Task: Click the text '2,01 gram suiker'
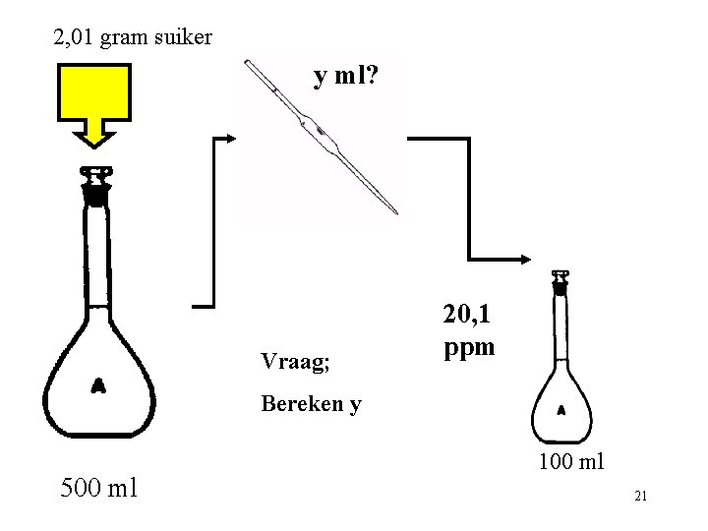pos(132,38)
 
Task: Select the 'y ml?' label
pos(343,76)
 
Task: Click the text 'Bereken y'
pos(311,403)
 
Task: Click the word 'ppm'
pos(469,346)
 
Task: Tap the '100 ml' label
pos(571,461)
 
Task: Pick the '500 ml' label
pos(98,487)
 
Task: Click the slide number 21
pos(640,496)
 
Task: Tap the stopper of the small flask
pos(560,283)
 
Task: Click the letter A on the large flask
pos(98,386)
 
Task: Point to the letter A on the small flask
pos(561,409)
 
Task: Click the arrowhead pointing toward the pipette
pos(232,139)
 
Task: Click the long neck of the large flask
pos(95,256)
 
